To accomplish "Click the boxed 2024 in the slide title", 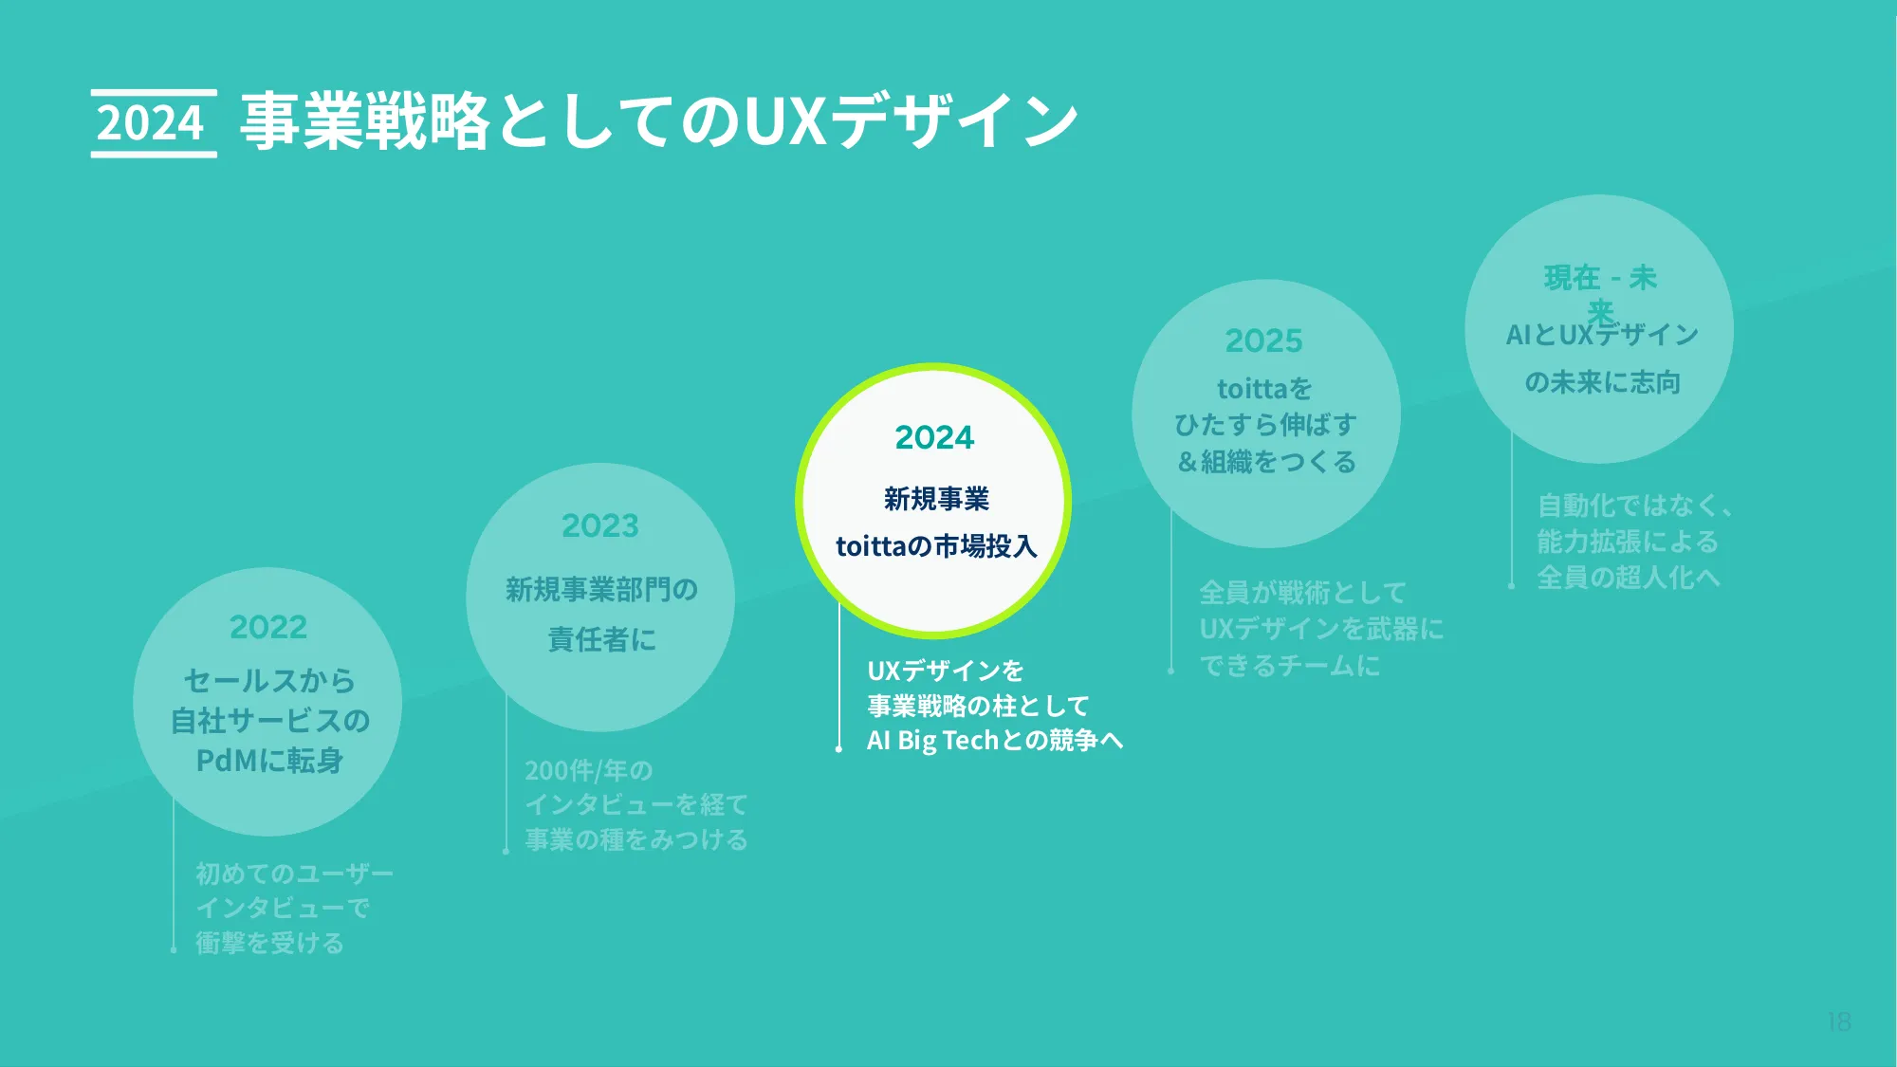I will (152, 123).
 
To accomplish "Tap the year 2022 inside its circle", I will (268, 627).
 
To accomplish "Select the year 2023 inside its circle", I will (600, 525).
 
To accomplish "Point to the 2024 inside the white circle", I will (934, 437).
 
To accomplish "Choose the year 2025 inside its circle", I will (1264, 340).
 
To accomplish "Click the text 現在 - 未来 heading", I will (1600, 285).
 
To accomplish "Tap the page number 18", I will (1839, 1021).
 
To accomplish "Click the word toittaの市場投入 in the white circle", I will (936, 546).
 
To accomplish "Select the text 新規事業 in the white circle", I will (936, 499).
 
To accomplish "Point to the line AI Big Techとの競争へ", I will (995, 740).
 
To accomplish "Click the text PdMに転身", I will (269, 761).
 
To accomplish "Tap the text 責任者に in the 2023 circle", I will (601, 639).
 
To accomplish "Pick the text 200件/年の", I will (589, 770).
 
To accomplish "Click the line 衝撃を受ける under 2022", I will (269, 943).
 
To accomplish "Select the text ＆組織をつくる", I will (1266, 462).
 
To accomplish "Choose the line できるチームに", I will (1290, 666).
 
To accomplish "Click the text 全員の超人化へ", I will (1628, 578).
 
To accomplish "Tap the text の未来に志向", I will (1602, 382).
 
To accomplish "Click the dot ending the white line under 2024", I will (838, 749).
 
